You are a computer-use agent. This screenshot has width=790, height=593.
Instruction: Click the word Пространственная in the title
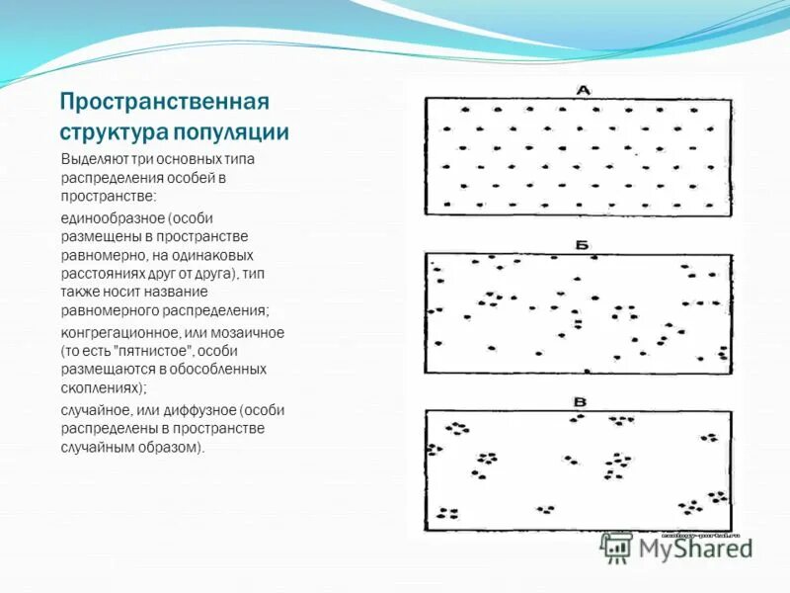tap(164, 102)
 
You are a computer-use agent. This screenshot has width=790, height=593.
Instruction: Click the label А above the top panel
tap(583, 90)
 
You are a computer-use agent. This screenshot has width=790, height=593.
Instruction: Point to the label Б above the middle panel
tap(582, 244)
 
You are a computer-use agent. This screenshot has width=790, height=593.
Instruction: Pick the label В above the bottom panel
tap(581, 401)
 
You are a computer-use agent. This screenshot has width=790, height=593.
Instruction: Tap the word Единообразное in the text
tap(111, 217)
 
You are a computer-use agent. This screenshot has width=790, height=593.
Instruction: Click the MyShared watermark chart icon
tap(617, 547)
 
